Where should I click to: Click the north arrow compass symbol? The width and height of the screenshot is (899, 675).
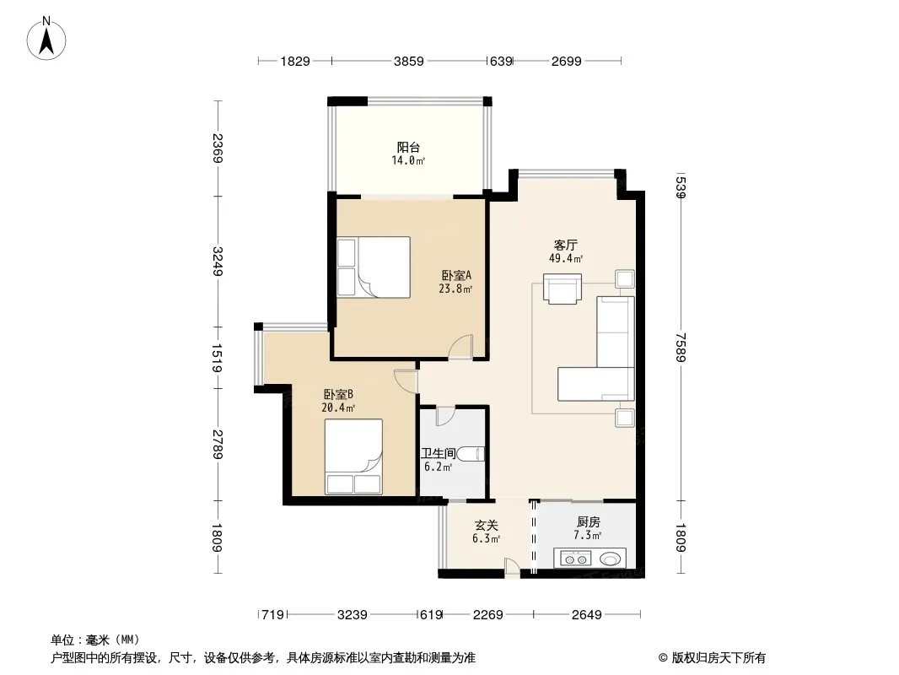(x=46, y=39)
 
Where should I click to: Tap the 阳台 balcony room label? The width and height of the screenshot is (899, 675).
(x=408, y=148)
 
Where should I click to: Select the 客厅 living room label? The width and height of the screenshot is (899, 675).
(x=566, y=246)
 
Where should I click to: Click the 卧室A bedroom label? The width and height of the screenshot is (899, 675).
(x=456, y=276)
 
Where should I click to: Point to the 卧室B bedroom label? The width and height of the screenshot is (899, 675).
(x=338, y=395)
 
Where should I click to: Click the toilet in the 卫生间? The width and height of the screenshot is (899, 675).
(x=471, y=454)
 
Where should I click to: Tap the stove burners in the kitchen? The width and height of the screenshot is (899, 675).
(x=575, y=558)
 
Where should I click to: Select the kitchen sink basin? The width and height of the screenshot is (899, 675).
(x=610, y=558)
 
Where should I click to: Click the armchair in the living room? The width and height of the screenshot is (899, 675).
(x=563, y=289)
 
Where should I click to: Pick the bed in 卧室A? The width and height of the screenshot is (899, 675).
(x=374, y=267)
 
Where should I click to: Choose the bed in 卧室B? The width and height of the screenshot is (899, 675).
(x=353, y=456)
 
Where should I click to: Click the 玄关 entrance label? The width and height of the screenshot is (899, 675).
(x=487, y=526)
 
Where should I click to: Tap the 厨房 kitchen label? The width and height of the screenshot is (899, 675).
(x=589, y=522)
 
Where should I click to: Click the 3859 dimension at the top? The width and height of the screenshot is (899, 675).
(x=409, y=61)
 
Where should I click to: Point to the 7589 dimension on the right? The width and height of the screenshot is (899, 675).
(x=681, y=348)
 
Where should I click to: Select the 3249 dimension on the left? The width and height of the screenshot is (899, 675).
(x=218, y=261)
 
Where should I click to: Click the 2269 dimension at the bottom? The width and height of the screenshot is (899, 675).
(x=488, y=615)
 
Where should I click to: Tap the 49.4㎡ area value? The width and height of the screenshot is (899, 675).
(x=566, y=259)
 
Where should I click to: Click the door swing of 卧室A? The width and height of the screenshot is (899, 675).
(x=460, y=347)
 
